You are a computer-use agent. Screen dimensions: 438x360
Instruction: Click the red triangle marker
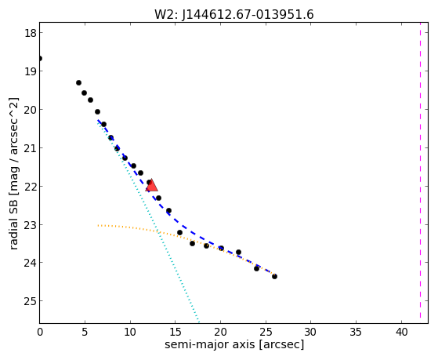click(152, 186)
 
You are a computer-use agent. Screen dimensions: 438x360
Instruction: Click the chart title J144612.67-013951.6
click(248, 15)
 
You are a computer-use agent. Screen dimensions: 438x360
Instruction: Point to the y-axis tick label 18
click(30, 33)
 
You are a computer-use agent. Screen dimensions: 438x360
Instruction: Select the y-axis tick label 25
click(30, 301)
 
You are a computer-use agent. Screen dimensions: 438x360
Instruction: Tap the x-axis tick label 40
click(402, 333)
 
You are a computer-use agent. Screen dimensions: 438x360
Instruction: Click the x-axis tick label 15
click(176, 333)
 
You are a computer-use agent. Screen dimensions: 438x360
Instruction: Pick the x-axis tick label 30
click(310, 333)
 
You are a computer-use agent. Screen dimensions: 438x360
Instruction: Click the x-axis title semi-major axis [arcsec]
click(234, 344)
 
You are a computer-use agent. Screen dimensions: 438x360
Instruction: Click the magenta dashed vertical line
click(420, 173)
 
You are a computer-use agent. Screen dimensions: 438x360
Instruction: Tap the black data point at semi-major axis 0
click(40, 59)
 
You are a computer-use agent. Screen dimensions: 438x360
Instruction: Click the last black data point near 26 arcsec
click(274, 276)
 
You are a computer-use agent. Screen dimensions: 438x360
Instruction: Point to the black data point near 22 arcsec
click(238, 252)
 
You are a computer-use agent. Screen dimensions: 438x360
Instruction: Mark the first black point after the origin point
click(79, 83)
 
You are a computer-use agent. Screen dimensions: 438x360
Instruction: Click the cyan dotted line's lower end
click(198, 322)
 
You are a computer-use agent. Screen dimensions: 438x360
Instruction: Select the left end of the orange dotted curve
click(98, 225)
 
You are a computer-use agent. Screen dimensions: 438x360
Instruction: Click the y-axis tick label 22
click(30, 187)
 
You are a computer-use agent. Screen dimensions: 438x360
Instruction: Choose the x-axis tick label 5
click(85, 333)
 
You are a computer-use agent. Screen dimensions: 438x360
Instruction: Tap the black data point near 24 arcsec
click(257, 268)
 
